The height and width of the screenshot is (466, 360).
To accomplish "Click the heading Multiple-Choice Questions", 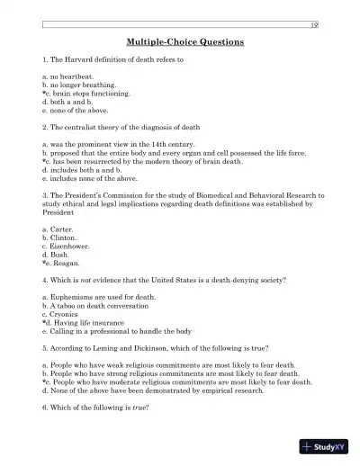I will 179,41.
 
